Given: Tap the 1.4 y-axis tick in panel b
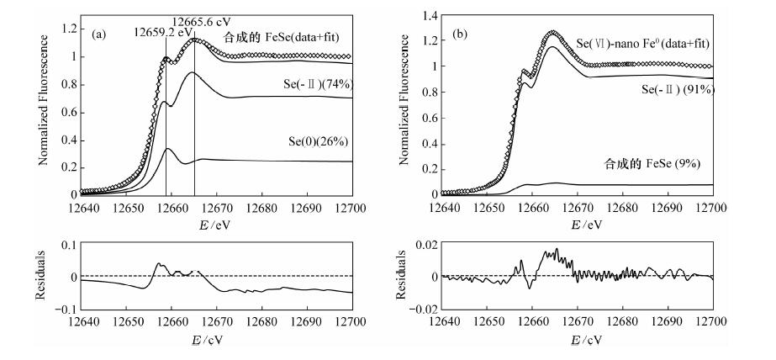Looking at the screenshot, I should click(428, 16).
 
